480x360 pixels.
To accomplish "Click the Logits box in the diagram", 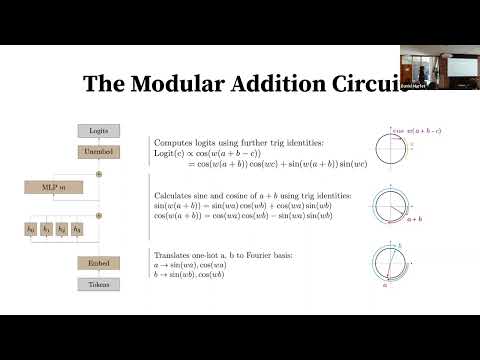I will coord(98,130).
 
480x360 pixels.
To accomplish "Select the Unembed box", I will coord(98,151).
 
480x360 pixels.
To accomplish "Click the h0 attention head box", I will coord(31,230).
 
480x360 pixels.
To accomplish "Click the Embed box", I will coord(98,263).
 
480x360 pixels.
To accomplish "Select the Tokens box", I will coord(98,283).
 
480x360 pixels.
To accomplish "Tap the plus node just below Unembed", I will coord(98,173).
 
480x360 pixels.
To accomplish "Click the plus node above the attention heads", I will coord(98,214).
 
